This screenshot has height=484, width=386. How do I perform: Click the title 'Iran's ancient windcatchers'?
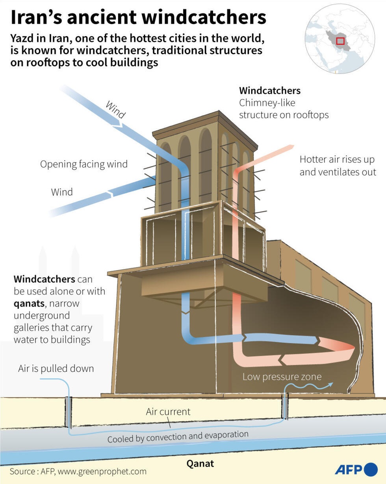[x=138, y=18]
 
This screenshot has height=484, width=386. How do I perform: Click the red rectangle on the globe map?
[x=340, y=41]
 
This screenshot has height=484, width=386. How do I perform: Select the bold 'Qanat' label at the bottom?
[x=200, y=464]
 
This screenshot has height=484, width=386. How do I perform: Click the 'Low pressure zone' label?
[x=282, y=377]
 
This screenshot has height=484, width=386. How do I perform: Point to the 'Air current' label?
[x=168, y=412]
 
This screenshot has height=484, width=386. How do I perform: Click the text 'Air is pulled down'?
[x=56, y=368]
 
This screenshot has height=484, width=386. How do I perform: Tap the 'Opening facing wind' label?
[x=84, y=164]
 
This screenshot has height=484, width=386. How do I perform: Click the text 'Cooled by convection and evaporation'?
[x=178, y=436]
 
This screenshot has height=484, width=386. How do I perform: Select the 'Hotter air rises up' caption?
[x=337, y=160]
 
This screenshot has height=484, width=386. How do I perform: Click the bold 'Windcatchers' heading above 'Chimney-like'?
[x=270, y=90]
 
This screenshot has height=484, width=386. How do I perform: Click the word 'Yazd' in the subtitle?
[x=22, y=39]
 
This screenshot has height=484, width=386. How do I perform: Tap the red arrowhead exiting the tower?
[x=290, y=147]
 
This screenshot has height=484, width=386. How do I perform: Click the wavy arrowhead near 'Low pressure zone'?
[x=330, y=384]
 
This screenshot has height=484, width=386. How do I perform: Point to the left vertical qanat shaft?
[x=68, y=412]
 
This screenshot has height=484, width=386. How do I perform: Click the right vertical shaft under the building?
[x=284, y=407]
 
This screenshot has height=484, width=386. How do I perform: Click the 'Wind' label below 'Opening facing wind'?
[x=62, y=192]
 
